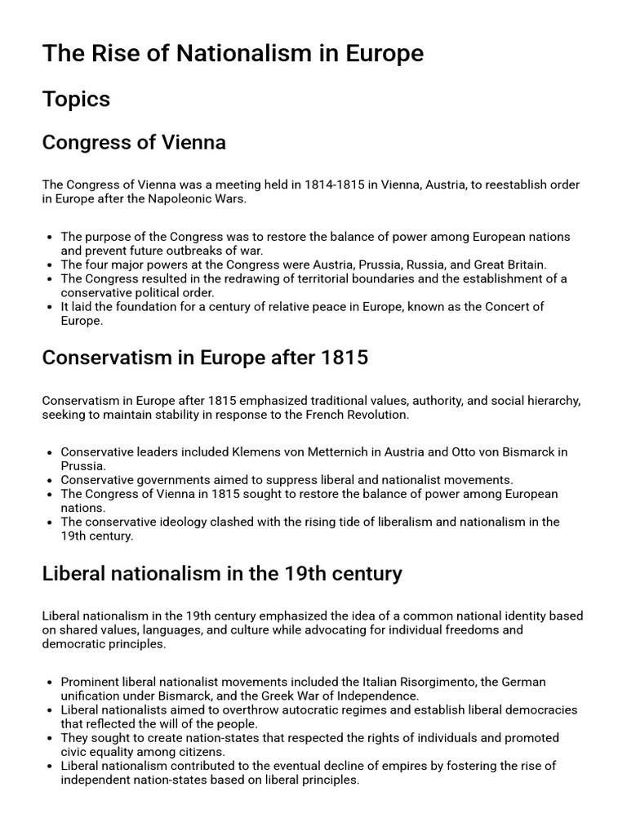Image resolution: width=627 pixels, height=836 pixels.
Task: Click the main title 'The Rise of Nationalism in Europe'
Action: click(233, 54)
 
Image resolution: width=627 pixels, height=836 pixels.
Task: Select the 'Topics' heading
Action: click(76, 100)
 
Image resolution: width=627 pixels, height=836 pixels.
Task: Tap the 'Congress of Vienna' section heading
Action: click(134, 143)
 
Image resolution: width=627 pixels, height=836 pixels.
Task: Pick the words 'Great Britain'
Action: click(507, 265)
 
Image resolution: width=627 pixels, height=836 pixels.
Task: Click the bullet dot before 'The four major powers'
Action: click(51, 265)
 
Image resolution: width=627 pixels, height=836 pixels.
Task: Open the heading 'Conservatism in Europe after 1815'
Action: click(205, 358)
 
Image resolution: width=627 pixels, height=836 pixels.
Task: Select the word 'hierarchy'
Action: click(553, 400)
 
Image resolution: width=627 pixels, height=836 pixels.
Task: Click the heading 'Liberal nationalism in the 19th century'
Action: click(222, 573)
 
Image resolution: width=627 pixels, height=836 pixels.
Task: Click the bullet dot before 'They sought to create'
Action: click(51, 738)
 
